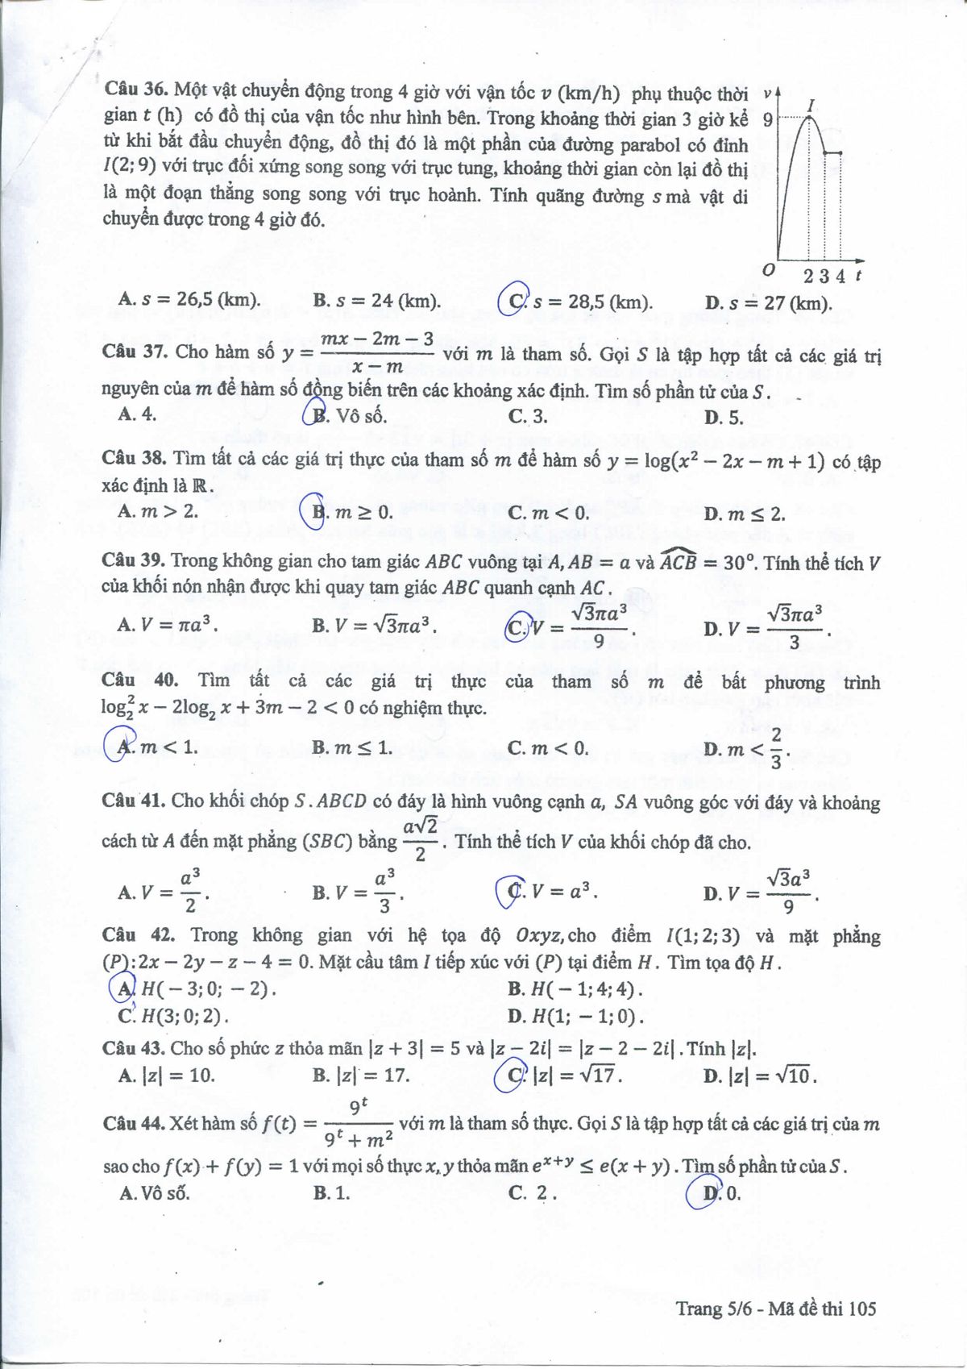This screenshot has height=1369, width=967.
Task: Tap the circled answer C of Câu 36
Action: (x=514, y=301)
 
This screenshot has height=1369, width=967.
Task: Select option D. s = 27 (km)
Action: (x=767, y=303)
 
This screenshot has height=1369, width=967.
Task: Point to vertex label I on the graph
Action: (x=811, y=106)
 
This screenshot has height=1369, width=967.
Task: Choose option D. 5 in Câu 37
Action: (x=723, y=417)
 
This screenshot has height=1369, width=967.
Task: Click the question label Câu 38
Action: (x=134, y=459)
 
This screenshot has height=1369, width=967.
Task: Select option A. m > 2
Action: (x=158, y=511)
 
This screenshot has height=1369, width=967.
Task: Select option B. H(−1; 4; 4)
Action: (x=575, y=989)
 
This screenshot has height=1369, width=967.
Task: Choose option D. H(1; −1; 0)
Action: (x=575, y=1016)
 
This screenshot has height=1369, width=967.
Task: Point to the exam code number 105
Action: (x=861, y=1309)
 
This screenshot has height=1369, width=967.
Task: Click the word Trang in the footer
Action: (x=699, y=1309)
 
